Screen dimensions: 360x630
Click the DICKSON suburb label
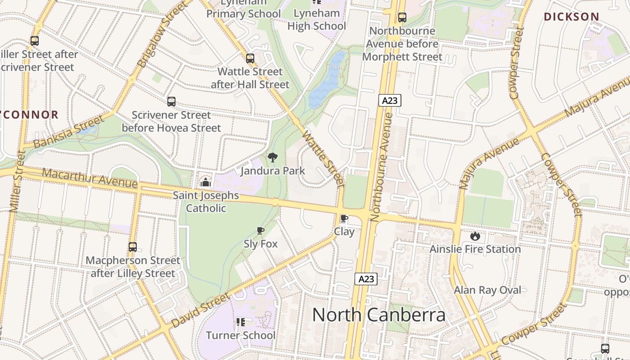tap(571, 17)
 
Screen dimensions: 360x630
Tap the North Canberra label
tap(378, 315)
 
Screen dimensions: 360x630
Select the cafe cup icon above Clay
tap(344, 219)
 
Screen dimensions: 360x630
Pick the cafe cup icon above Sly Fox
tap(261, 231)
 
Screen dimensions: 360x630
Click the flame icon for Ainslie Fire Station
tap(475, 236)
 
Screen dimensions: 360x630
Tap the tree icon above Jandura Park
tap(272, 157)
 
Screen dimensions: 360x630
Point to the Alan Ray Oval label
tap(487, 290)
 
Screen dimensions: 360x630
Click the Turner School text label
tap(240, 335)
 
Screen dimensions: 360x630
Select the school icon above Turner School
tap(240, 322)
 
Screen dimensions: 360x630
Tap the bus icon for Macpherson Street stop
tap(132, 247)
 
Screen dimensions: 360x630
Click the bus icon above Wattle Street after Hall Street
tap(250, 58)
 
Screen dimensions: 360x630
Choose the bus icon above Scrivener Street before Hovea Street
tap(171, 102)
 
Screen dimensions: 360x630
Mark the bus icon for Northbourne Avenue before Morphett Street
tap(402, 18)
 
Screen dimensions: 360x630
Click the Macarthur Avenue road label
tap(90, 178)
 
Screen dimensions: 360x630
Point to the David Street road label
tap(200, 310)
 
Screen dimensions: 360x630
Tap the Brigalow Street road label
tap(162, 35)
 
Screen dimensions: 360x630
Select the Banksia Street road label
tap(68, 132)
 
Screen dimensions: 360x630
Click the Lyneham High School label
tap(317, 19)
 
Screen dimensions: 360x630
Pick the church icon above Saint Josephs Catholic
tap(206, 182)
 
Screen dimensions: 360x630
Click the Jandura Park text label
tap(273, 171)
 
